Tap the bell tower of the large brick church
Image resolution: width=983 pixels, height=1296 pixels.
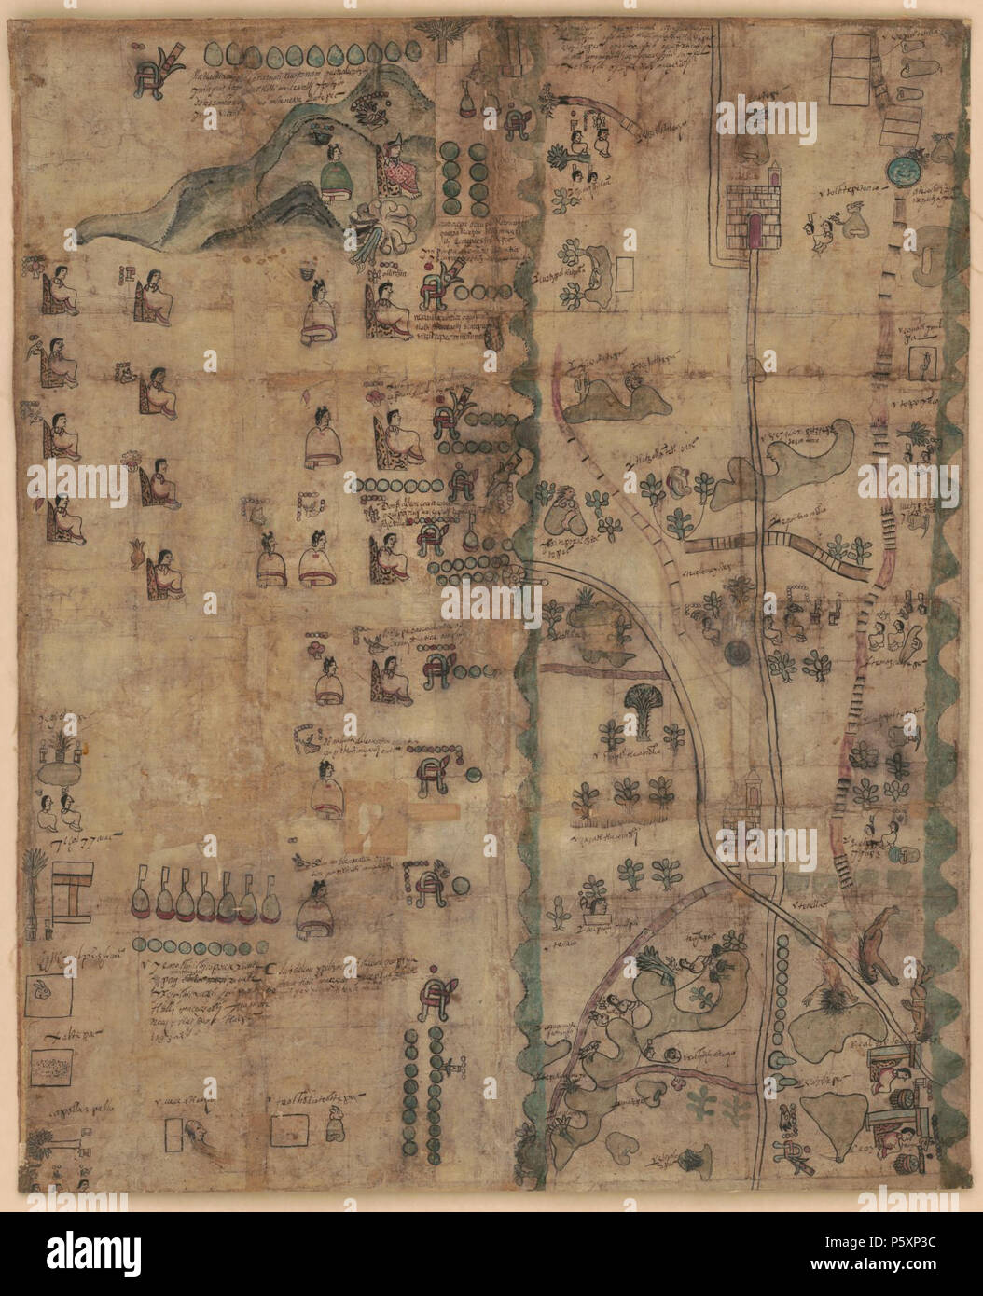(x=773, y=177)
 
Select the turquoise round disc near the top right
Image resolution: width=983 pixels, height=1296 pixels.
(x=901, y=169)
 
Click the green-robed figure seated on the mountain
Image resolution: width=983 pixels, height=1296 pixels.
(x=333, y=174)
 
